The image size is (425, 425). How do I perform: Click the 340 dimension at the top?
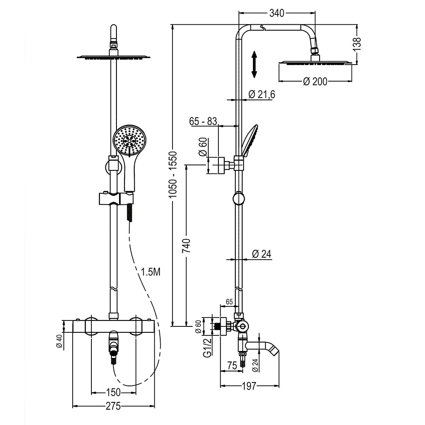click(x=277, y=14)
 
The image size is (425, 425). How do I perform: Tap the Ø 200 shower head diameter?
click(x=315, y=81)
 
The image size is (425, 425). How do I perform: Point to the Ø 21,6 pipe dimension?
click(x=262, y=94)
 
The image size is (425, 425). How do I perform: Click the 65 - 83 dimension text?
click(x=203, y=122)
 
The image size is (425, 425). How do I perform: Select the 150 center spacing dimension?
click(x=113, y=391)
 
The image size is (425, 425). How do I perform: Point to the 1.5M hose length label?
click(x=150, y=272)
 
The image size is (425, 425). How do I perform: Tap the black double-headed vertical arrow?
click(x=254, y=64)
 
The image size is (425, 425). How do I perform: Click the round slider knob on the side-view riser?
click(x=239, y=198)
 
